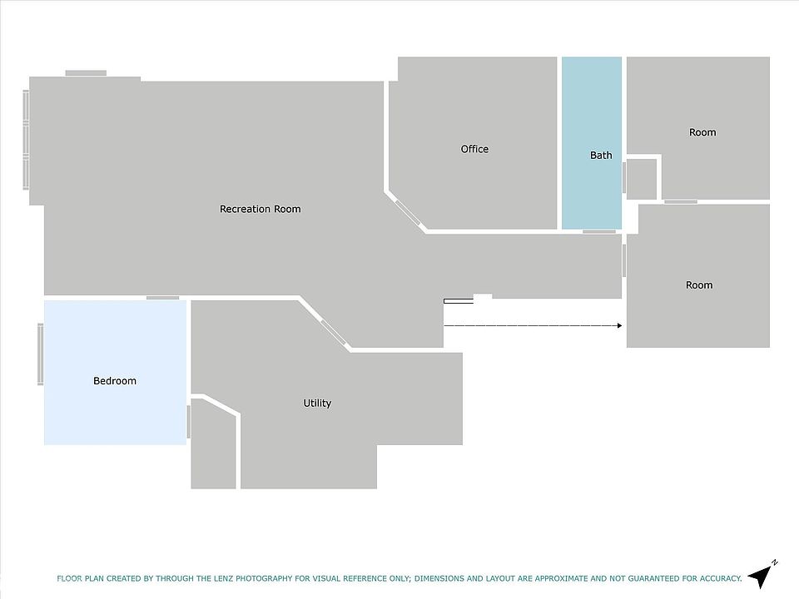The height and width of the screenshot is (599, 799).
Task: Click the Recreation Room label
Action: pos(260,209)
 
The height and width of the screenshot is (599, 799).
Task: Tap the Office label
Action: pos(474,149)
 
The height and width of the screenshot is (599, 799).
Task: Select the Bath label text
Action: pos(601,156)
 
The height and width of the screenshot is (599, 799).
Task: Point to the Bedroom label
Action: pos(115,381)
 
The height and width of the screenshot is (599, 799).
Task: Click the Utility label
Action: pos(317,403)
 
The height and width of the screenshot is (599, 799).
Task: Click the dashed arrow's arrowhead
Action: pos(619,325)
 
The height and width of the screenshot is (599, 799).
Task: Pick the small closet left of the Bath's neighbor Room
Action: pos(642,180)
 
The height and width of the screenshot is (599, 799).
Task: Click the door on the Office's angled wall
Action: pos(408,213)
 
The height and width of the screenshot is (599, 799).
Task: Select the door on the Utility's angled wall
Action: pos(333,332)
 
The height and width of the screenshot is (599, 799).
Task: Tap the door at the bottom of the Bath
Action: pos(599,232)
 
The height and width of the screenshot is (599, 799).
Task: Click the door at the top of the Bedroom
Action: pos(163,298)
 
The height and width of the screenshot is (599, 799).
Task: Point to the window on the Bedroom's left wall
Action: pos(40,354)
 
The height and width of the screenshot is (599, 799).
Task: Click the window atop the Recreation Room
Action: pos(86,73)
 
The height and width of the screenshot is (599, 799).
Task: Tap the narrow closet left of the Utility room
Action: pos(214,444)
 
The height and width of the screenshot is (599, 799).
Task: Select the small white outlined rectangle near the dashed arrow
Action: pos(459,301)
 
